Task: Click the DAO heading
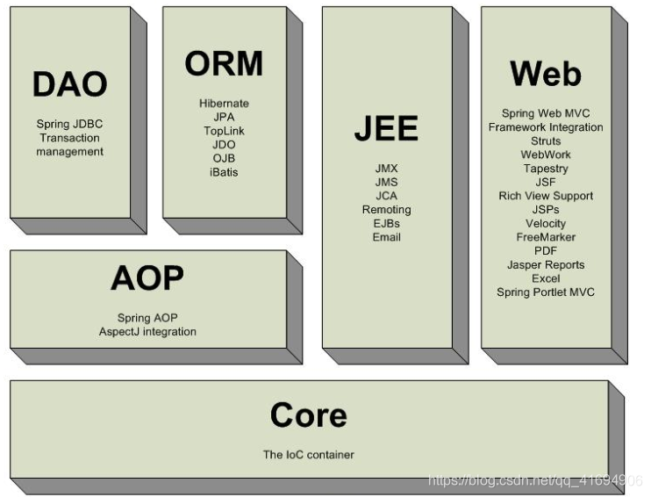69,84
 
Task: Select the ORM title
224,63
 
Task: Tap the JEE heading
386,128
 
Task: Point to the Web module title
545,74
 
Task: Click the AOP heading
147,278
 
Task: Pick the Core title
308,414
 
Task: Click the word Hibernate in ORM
224,104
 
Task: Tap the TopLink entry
224,131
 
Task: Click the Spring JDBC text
69,124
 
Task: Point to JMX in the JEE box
386,168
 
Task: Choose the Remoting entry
386,210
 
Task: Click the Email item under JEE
386,237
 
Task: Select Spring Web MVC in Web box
545,113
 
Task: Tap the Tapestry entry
545,168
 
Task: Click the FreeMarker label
545,237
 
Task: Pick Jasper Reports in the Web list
545,264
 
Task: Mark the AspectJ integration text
147,331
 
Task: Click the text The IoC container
308,455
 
